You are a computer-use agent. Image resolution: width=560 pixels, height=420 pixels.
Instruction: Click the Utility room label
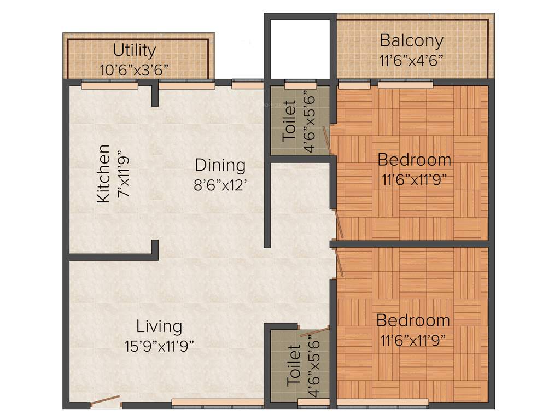tap(134, 50)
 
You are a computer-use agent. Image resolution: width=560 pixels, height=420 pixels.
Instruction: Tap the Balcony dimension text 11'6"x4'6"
tap(411, 59)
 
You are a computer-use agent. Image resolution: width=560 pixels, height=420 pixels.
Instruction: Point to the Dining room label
tap(220, 165)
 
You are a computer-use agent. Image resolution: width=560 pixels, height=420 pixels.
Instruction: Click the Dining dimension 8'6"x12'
tap(220, 183)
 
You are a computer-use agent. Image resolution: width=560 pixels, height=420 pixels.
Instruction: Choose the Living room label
tap(159, 326)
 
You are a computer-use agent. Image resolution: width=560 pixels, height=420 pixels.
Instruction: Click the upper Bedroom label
tap(415, 160)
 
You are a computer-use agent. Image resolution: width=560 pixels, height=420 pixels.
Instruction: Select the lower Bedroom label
tap(413, 320)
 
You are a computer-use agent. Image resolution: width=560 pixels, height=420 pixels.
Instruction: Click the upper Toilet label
tap(290, 121)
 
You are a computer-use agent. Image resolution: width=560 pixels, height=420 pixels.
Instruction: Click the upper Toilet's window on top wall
tap(300, 85)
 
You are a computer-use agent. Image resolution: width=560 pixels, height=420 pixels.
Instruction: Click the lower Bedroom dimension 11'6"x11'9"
tap(413, 340)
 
